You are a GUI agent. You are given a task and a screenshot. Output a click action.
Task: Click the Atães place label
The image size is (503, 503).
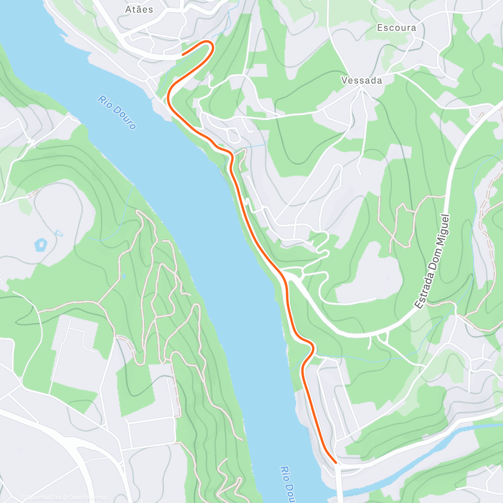(139, 9)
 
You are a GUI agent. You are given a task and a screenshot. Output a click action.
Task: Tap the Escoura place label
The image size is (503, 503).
(397, 28)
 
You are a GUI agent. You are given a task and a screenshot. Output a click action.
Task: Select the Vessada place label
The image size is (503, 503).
(362, 80)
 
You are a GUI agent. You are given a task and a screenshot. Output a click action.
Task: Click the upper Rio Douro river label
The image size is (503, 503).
(117, 112)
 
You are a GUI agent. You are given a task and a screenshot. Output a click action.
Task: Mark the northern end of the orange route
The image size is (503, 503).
(182, 54)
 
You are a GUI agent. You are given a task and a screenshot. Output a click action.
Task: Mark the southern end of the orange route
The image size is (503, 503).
(335, 462)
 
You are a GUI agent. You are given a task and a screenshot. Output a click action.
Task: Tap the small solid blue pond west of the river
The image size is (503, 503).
(41, 244)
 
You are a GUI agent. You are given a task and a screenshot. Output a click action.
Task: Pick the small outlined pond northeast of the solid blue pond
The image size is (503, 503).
(58, 232)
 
